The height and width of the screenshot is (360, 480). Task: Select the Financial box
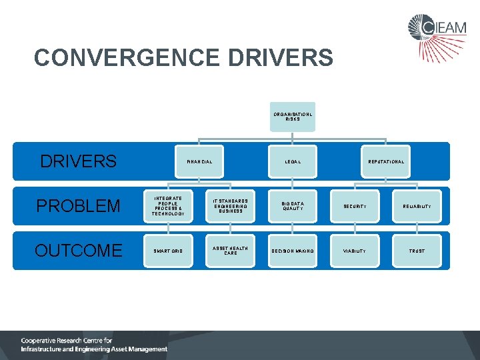point(200,162)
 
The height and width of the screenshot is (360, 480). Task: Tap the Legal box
point(293,162)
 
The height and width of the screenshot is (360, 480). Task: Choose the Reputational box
point(386,162)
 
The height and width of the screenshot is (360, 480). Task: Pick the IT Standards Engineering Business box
point(231,206)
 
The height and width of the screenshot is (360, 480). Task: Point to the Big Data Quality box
point(293,206)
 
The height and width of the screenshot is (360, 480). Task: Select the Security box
point(355,206)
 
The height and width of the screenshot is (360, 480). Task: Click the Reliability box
point(417,206)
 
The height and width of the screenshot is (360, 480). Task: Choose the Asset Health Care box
point(231,251)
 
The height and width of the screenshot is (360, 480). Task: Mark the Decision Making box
point(293,251)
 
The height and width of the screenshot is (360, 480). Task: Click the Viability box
point(355,251)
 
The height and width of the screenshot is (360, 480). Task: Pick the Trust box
point(417,251)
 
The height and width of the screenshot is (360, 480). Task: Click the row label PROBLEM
point(78,206)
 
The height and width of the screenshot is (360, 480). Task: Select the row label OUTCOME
point(78,251)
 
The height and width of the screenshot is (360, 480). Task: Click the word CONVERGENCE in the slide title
point(127,58)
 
